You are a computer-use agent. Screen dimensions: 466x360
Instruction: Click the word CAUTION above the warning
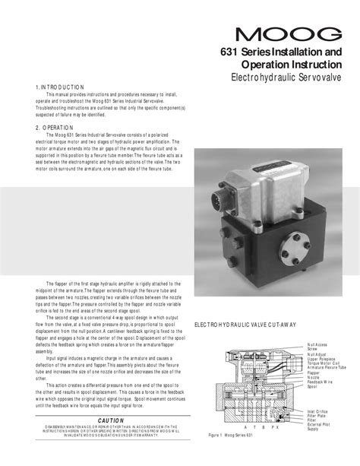[112, 421]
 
